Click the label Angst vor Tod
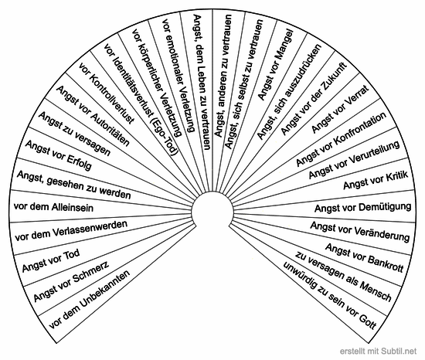click(51, 260)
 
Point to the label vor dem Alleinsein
click(53, 207)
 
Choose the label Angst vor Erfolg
click(58, 155)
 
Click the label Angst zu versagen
click(74, 134)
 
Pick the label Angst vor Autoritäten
click(93, 116)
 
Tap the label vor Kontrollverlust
click(107, 93)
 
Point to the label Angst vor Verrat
click(340, 109)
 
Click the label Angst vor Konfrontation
click(341, 139)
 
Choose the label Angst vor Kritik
click(376, 180)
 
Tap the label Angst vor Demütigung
click(363, 208)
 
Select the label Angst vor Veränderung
click(360, 232)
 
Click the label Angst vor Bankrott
click(365, 257)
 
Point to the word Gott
click(368, 321)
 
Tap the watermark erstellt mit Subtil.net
click(378, 351)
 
